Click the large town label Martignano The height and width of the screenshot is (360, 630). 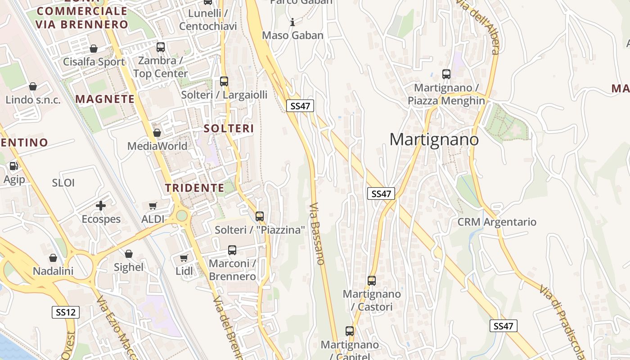[x=434, y=139]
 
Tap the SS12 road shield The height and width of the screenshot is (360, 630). [x=65, y=312]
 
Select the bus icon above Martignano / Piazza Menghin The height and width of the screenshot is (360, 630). [x=446, y=74]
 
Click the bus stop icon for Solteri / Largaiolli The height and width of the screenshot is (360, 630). [x=224, y=81]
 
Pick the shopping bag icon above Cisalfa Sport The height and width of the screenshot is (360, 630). [x=94, y=49]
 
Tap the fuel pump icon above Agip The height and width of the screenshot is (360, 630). [x=14, y=166]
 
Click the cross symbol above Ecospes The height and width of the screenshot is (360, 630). [x=101, y=206]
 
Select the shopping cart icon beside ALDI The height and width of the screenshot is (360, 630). [x=153, y=206]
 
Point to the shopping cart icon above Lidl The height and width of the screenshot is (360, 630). [x=184, y=258]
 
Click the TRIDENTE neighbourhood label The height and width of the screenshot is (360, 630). [x=194, y=188]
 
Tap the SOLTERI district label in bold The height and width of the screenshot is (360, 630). [x=229, y=129]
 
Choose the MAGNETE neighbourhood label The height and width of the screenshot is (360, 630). [x=105, y=99]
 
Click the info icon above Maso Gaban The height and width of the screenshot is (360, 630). [x=292, y=22]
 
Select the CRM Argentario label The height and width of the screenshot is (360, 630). [x=497, y=222]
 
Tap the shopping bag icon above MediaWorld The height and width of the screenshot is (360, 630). [x=157, y=133]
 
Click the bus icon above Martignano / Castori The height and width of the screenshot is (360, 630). [x=372, y=281]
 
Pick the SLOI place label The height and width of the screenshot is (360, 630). [x=63, y=183]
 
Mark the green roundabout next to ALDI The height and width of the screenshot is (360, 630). [x=182, y=216]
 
